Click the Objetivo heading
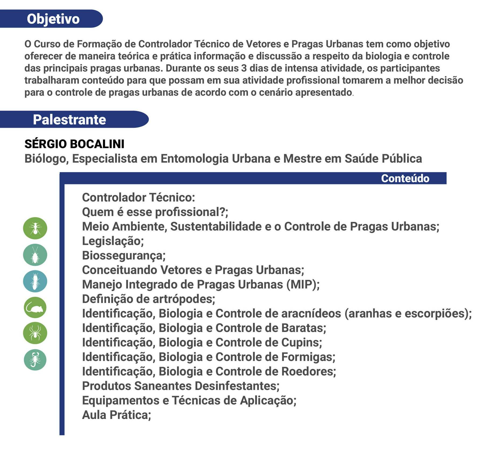(53, 19)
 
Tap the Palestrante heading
(69, 120)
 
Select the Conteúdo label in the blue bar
(405, 179)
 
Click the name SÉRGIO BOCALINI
(74, 144)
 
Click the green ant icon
(35, 228)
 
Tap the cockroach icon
(35, 255)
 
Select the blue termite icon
(35, 281)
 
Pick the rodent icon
(35, 307)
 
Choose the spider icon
(35, 333)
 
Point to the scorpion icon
(35, 360)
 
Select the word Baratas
(303, 328)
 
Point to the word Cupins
(301, 342)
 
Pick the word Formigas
(308, 357)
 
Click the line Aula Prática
(116, 415)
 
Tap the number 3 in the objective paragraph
(244, 68)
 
